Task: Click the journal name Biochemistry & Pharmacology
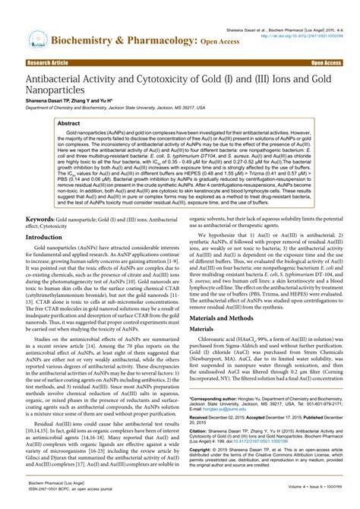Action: [x=121, y=39]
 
